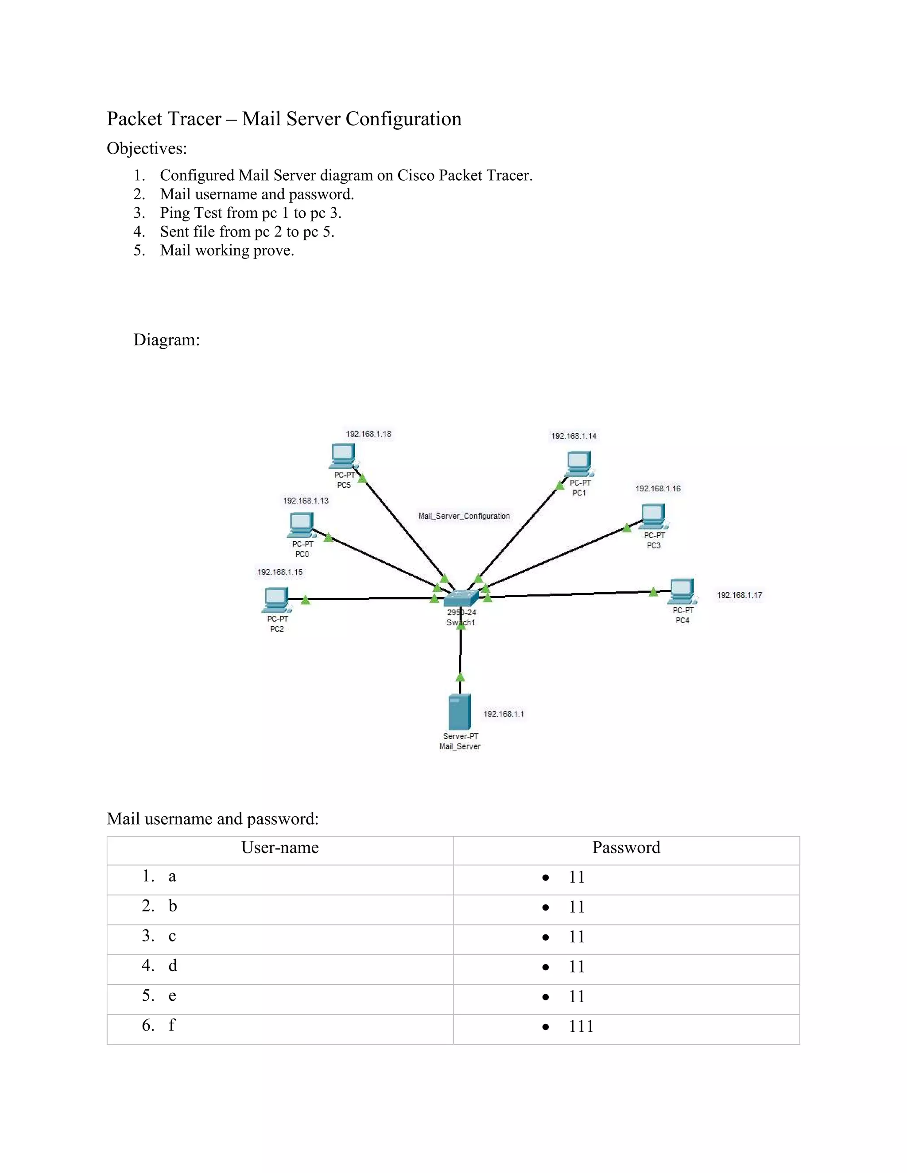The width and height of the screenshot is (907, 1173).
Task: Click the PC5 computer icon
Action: [x=343, y=456]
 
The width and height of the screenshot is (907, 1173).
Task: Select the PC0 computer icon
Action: [x=301, y=525]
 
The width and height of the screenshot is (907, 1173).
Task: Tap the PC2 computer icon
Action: [x=276, y=600]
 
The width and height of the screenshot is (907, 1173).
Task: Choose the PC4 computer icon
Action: [x=682, y=591]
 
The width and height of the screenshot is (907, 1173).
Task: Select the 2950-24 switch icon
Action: [x=461, y=598]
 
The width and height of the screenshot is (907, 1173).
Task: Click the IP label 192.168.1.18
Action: [x=368, y=434]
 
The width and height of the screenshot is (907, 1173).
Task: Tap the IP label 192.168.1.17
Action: [x=739, y=595]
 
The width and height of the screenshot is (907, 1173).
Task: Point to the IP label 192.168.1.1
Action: [x=504, y=714]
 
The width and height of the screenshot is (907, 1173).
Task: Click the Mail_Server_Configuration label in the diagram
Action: [x=464, y=516]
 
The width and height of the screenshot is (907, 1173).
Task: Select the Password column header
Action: [x=626, y=848]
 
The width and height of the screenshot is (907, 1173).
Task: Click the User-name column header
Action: [x=280, y=848]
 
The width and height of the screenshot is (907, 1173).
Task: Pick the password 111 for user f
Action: [x=581, y=1026]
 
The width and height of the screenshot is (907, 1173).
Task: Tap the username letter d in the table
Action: [x=172, y=966]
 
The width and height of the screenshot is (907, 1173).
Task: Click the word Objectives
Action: [x=147, y=148]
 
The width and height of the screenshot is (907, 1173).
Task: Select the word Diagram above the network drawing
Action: [x=166, y=340]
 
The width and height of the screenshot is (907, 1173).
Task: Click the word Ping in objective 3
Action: [x=175, y=213]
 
